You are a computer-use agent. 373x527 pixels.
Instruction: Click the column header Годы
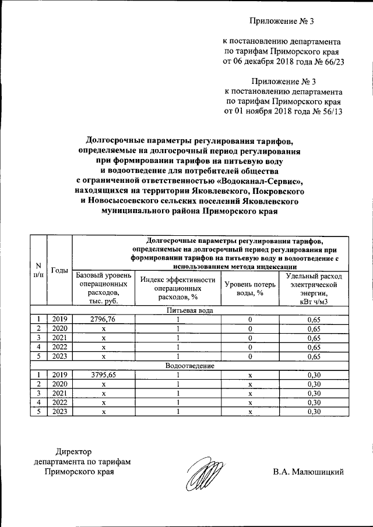click(x=59, y=270)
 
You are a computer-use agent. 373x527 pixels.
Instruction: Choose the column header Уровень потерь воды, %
click(x=249, y=288)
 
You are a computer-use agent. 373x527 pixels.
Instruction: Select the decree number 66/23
click(x=326, y=63)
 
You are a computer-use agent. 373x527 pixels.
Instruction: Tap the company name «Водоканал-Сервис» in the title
click(x=265, y=181)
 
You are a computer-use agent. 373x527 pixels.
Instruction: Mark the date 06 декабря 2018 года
click(x=265, y=63)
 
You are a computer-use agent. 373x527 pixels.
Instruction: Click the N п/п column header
click(x=39, y=270)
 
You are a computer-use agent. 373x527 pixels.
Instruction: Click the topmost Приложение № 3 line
click(x=282, y=22)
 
